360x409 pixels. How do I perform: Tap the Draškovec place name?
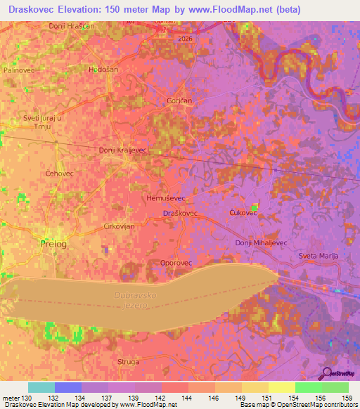179,212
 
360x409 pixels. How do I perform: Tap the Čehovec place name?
59,173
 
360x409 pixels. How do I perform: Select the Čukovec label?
243,212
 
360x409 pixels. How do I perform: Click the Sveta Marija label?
319,256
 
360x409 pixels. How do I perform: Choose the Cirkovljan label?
119,226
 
